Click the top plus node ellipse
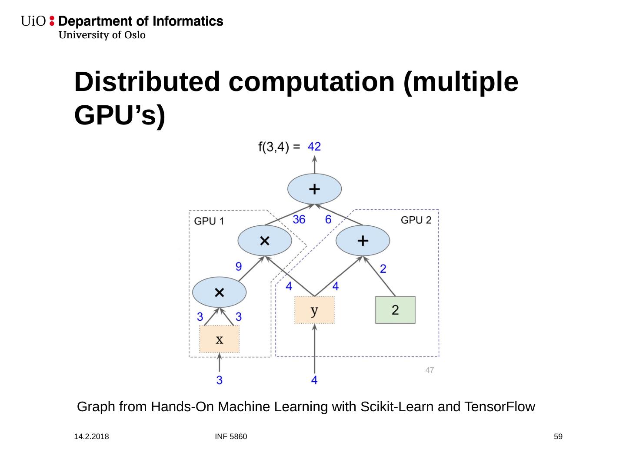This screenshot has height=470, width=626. click(x=314, y=189)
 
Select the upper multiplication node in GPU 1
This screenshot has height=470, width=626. click(x=265, y=241)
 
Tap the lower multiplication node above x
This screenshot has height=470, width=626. click(x=220, y=292)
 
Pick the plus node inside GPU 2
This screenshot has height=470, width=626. click(x=363, y=241)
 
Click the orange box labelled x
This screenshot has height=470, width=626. click(x=219, y=339)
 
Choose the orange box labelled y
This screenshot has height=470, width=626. click(x=314, y=310)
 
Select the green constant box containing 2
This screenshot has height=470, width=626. click(x=395, y=310)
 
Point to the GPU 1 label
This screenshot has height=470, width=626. click(x=209, y=221)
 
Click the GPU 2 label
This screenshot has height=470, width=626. click(x=416, y=220)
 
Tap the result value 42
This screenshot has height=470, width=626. click(x=314, y=147)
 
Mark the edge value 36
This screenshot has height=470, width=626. click(x=299, y=219)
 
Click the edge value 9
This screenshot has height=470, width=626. click(x=239, y=266)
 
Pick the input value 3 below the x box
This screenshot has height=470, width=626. click(x=220, y=380)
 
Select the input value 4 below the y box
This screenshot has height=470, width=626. click(x=314, y=380)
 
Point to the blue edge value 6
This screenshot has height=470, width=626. click(x=328, y=219)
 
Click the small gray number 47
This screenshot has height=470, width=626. click(x=430, y=370)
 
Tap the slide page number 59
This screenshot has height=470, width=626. click(x=558, y=436)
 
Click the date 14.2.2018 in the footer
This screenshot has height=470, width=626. click(x=92, y=436)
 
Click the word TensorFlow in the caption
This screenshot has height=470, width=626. click(x=499, y=407)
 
